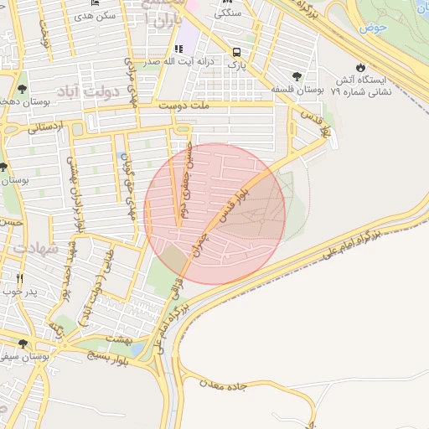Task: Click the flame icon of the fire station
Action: (x=360, y=66)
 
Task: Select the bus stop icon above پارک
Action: (x=237, y=51)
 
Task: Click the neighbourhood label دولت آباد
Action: (x=82, y=90)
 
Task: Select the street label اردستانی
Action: (x=44, y=128)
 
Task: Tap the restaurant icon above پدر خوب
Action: (x=20, y=278)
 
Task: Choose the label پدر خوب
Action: (x=20, y=291)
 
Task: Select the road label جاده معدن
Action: (x=222, y=385)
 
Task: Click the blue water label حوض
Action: (x=371, y=28)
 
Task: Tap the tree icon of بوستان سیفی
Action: (x=23, y=344)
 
